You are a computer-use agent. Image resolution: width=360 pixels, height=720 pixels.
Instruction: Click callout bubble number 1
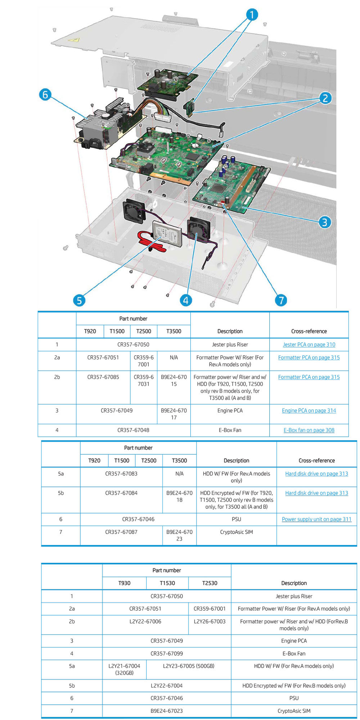pyautogui.click(x=252, y=15)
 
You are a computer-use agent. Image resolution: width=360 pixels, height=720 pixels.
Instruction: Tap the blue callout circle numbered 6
pyautogui.click(x=45, y=95)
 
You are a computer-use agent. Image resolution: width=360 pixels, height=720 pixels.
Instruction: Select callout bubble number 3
pyautogui.click(x=324, y=222)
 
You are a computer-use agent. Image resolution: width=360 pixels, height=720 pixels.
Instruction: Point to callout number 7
pyautogui.click(x=281, y=300)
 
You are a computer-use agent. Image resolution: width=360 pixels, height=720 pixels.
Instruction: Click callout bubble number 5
pyautogui.click(x=79, y=300)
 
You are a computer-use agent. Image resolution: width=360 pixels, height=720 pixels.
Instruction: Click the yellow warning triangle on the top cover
pyautogui.click(x=74, y=40)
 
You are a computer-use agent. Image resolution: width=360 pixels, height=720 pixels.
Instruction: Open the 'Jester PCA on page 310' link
pyautogui.click(x=309, y=345)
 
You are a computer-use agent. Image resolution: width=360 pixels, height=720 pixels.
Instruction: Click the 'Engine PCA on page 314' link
pyautogui.click(x=309, y=410)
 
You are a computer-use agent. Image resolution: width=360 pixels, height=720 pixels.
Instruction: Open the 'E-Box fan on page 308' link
pyautogui.click(x=309, y=430)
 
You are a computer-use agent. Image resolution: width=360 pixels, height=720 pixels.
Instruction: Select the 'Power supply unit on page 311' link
pyautogui.click(x=316, y=519)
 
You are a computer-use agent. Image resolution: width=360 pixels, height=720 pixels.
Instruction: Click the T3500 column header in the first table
pyautogui.click(x=174, y=331)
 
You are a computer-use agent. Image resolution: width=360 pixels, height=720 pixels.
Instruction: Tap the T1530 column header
pyautogui.click(x=167, y=583)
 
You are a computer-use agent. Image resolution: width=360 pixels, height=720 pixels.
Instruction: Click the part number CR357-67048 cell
pyautogui.click(x=133, y=430)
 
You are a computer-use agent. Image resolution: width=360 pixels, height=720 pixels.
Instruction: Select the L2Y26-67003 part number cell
pyautogui.click(x=210, y=621)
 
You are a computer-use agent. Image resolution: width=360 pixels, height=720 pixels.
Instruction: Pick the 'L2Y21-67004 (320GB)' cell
pyautogui.click(x=124, y=669)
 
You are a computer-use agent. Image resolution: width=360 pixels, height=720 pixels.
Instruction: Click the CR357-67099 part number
pyautogui.click(x=167, y=653)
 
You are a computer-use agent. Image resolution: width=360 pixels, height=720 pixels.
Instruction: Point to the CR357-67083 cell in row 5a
pyautogui.click(x=121, y=474)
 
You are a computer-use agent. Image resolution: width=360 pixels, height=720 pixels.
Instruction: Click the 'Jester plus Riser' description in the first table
pyautogui.click(x=230, y=345)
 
